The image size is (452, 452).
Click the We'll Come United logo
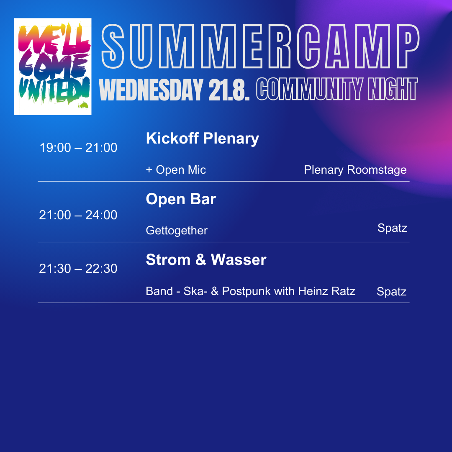pyautogui.click(x=53, y=67)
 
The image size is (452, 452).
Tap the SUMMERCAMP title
pyautogui.click(x=260, y=46)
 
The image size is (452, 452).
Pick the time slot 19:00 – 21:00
pyautogui.click(x=78, y=148)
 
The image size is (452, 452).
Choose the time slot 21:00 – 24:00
pyautogui.click(x=78, y=215)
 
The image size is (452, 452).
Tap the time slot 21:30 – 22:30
pyautogui.click(x=78, y=269)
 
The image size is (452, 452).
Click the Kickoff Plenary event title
pyautogui.click(x=203, y=139)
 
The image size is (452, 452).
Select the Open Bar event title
pyautogui.click(x=181, y=199)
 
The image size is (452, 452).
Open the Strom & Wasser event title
pyautogui.click(x=206, y=259)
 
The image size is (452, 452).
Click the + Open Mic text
pyautogui.click(x=176, y=170)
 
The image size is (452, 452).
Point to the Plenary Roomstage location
pyautogui.click(x=355, y=170)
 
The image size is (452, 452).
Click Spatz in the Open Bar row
pyautogui.click(x=392, y=229)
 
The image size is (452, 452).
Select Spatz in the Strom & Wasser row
pyautogui.click(x=391, y=292)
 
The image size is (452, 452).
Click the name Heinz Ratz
pyautogui.click(x=326, y=291)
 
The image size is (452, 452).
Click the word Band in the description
pyautogui.click(x=159, y=291)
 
